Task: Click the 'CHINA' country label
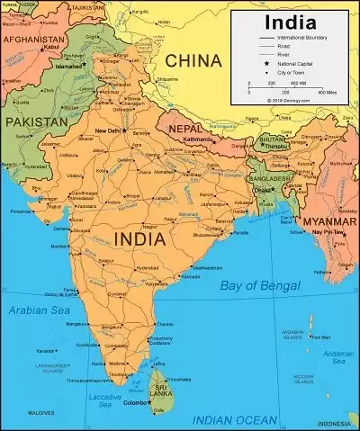[x=192, y=60]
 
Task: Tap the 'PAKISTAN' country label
[x=36, y=120]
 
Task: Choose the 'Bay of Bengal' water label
[x=259, y=286]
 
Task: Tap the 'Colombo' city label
[x=139, y=403]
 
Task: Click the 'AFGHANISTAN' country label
[x=33, y=40]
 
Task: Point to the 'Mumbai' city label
[x=59, y=245]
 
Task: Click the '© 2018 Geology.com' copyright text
[x=288, y=100]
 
